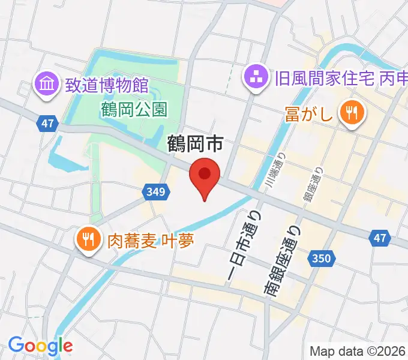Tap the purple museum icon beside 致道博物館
point(46,84)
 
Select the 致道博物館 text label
point(107,85)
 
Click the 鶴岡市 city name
point(196,143)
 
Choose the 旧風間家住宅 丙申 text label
point(340,77)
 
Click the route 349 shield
point(155,192)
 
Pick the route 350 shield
point(321,259)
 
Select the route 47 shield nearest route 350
point(379,238)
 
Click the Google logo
point(40,346)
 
